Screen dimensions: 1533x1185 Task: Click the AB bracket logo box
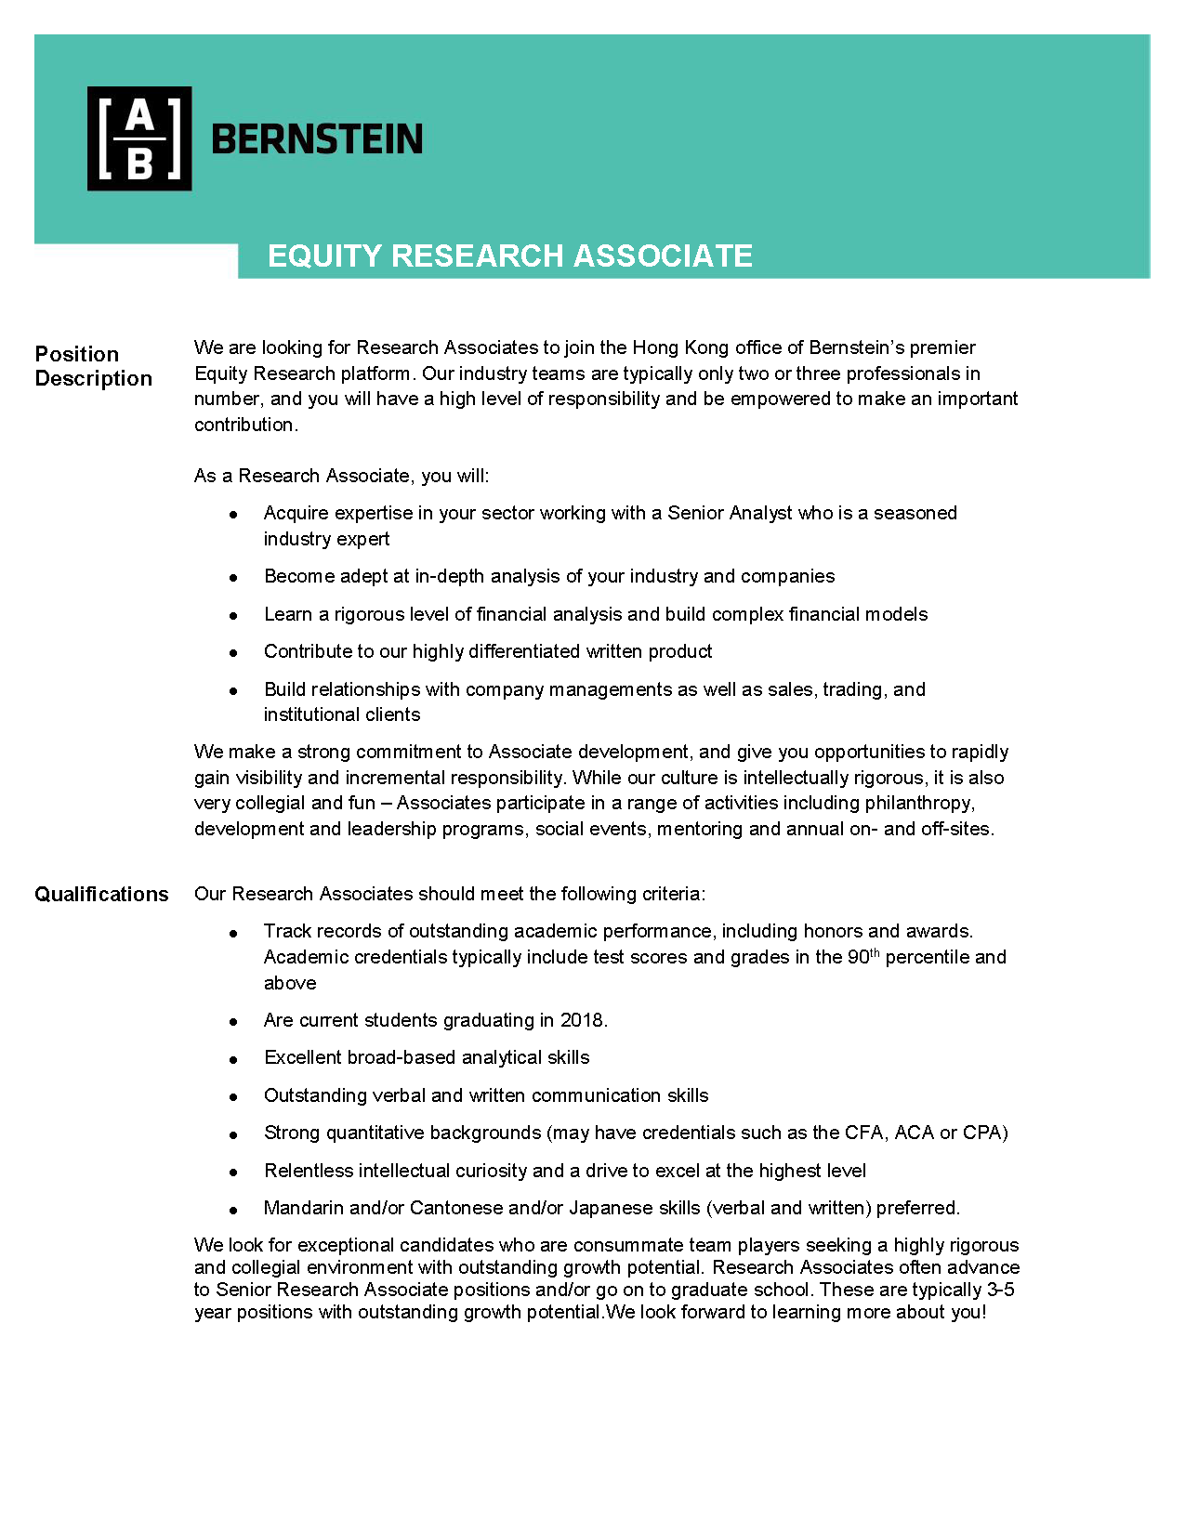tap(139, 138)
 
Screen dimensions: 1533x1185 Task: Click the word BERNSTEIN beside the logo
tap(317, 139)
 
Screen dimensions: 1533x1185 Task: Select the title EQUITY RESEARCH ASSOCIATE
tap(509, 256)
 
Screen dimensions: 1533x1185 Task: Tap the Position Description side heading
tap(93, 366)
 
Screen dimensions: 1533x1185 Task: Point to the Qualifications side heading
tap(101, 894)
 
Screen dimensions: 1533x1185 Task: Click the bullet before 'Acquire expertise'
tap(233, 515)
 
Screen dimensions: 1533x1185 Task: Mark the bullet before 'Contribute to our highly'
tap(233, 653)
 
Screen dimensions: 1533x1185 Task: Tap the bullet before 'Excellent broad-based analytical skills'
tap(233, 1059)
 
